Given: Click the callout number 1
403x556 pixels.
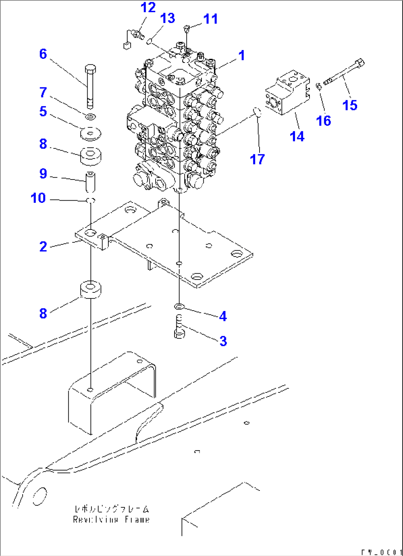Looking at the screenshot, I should click(x=241, y=56).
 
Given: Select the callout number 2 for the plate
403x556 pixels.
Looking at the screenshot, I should click(x=43, y=247).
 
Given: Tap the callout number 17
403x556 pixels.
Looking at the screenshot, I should click(x=257, y=160).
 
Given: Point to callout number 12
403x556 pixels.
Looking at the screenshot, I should click(x=148, y=7).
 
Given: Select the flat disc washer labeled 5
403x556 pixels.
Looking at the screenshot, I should click(x=91, y=134).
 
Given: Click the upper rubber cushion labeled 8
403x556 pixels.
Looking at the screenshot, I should click(x=91, y=155).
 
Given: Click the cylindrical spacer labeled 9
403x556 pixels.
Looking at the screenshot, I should click(x=91, y=181).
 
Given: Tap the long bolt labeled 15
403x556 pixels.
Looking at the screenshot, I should click(x=344, y=73).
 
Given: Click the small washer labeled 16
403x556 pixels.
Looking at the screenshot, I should click(x=319, y=86).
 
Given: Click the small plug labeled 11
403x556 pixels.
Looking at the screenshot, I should click(x=187, y=28).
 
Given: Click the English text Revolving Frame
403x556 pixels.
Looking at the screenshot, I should click(x=111, y=520).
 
